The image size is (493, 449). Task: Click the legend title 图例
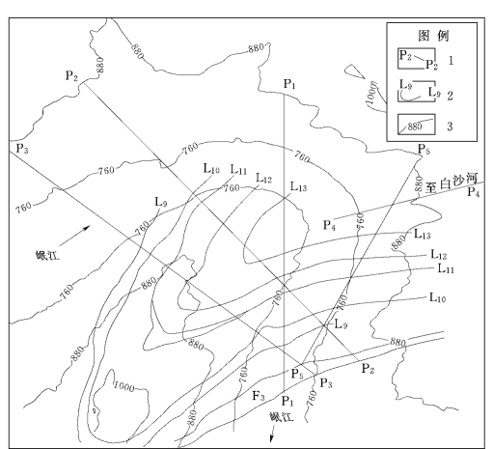click(x=433, y=36)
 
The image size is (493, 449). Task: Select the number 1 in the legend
click(x=451, y=60)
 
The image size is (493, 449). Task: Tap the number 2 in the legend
click(x=450, y=96)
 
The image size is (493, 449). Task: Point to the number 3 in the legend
click(x=450, y=126)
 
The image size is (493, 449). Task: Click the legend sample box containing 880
click(x=417, y=125)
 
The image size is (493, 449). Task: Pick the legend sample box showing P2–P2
click(x=417, y=59)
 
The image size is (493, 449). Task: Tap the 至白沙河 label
click(x=452, y=182)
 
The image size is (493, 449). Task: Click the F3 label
click(x=259, y=396)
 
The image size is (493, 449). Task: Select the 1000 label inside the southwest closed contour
click(x=124, y=386)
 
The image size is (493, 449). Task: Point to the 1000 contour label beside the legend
click(x=371, y=94)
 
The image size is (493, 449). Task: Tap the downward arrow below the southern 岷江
click(x=272, y=435)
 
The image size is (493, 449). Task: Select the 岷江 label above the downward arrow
click(x=282, y=417)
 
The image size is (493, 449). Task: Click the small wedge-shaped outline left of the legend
click(x=354, y=71)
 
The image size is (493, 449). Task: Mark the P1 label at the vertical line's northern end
click(x=289, y=84)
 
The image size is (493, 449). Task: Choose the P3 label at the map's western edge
click(x=22, y=149)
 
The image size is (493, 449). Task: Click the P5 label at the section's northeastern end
click(x=424, y=150)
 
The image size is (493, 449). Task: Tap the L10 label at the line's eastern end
click(x=438, y=297)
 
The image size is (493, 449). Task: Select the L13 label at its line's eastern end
click(x=423, y=234)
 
